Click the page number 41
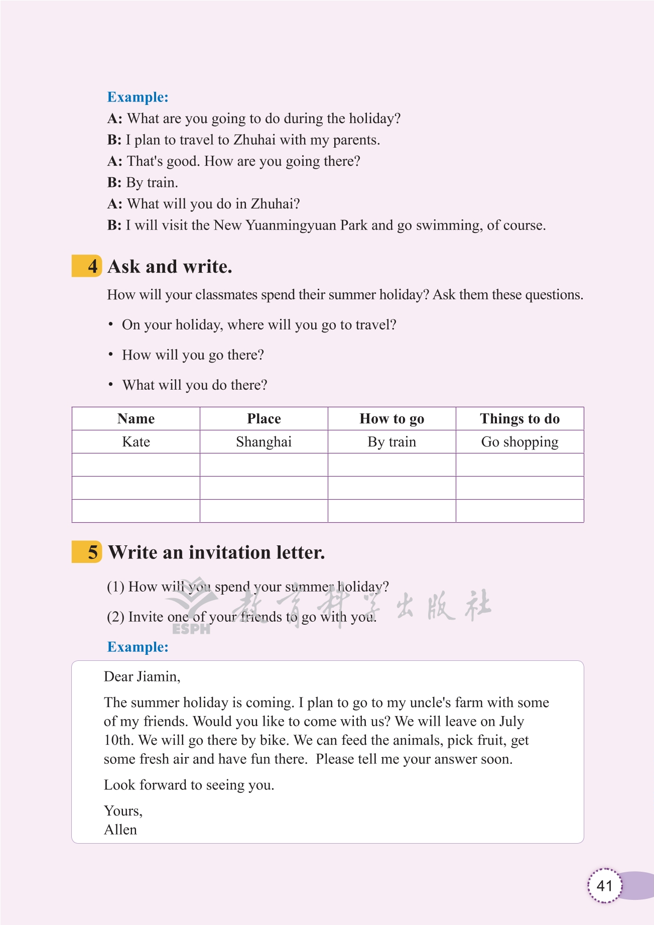pyautogui.click(x=604, y=885)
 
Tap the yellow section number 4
pyautogui.click(x=92, y=266)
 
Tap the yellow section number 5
pyautogui.click(x=92, y=552)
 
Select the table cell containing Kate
pyautogui.click(x=136, y=442)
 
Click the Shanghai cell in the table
pyautogui.click(x=264, y=442)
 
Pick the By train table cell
pyautogui.click(x=391, y=442)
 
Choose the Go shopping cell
pyautogui.click(x=519, y=442)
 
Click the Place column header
pyautogui.click(x=264, y=419)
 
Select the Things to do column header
pyautogui.click(x=519, y=419)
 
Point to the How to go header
pyautogui.click(x=391, y=419)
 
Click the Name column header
pyautogui.click(x=136, y=419)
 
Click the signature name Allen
pyautogui.click(x=120, y=830)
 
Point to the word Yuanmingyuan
pyautogui.click(x=291, y=225)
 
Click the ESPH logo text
pyautogui.click(x=191, y=629)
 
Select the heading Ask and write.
pyautogui.click(x=170, y=267)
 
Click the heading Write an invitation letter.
pyautogui.click(x=216, y=552)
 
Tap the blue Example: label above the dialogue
pyautogui.click(x=138, y=97)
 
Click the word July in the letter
pyautogui.click(x=511, y=722)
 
